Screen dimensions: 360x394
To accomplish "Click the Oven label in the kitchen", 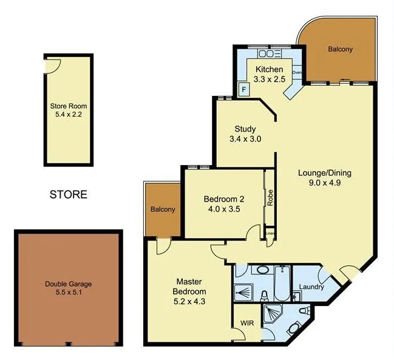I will [297, 73].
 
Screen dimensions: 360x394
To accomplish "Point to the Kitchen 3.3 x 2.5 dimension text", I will [268, 80].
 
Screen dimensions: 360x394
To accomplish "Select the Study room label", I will [245, 129].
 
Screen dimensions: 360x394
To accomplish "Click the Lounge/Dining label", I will [324, 172].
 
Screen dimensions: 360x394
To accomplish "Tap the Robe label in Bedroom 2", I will [269, 199].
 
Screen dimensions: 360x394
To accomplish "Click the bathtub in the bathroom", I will [283, 284].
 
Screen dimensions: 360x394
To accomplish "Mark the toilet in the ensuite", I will [294, 328].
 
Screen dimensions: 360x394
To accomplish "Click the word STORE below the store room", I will [68, 195].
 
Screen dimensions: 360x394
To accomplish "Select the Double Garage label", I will [68, 288].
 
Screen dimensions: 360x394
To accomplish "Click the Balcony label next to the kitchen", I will [340, 49].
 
